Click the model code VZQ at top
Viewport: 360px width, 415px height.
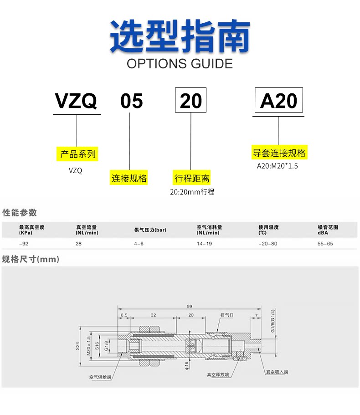click(77, 101)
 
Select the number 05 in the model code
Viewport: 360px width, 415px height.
click(131, 101)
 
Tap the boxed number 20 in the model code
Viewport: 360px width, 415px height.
click(191, 101)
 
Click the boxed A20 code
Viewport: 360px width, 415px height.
click(278, 101)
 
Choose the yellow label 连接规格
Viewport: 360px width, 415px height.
click(129, 178)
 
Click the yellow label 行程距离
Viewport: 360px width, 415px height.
click(192, 178)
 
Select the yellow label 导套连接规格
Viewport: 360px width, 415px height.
click(279, 152)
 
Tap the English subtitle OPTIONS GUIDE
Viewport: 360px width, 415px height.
click(180, 64)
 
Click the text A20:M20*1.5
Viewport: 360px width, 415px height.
click(277, 166)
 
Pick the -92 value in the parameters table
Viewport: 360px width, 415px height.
click(23, 244)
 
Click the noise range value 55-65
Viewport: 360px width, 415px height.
click(325, 244)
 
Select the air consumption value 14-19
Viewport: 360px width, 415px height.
click(205, 244)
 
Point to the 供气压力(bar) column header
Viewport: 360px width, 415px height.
click(150, 230)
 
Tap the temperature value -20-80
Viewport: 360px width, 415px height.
click(267, 244)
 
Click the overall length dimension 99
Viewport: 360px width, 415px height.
click(189, 307)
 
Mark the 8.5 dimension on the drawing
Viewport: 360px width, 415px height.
click(124, 315)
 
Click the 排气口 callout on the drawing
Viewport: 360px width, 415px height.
click(226, 315)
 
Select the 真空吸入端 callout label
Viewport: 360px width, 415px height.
click(277, 372)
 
